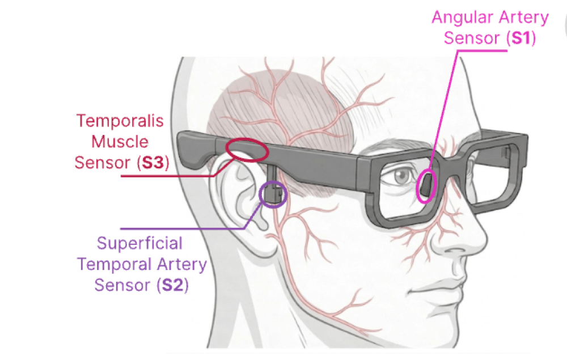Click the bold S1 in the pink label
click(x=521, y=38)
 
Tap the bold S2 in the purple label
click(x=172, y=285)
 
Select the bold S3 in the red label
click(x=153, y=163)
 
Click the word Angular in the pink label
click(x=458, y=18)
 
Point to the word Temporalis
click(x=120, y=121)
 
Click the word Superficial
click(x=139, y=243)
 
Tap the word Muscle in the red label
click(x=120, y=142)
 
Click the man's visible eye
click(x=401, y=176)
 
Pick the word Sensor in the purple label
click(x=122, y=285)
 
